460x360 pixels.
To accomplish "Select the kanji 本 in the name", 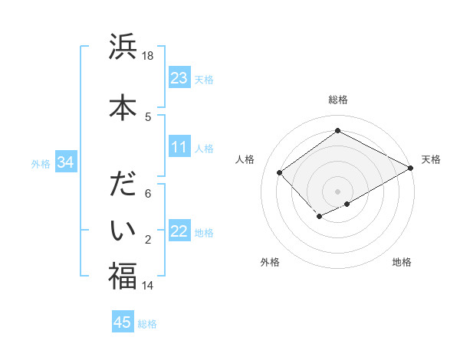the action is click(x=122, y=106).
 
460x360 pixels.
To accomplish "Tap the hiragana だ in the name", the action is click(x=122, y=186).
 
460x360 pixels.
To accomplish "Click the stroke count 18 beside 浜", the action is click(x=149, y=57).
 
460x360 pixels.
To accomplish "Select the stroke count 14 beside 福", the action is click(x=148, y=286).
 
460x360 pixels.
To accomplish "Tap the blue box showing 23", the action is click(x=179, y=78).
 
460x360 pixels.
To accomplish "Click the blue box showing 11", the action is click(x=179, y=148).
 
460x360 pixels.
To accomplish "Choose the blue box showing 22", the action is click(x=179, y=232).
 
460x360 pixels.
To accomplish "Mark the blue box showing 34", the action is click(x=65, y=162).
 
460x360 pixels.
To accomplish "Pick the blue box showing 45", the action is click(x=123, y=322).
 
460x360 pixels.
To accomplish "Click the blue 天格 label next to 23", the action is click(x=204, y=79).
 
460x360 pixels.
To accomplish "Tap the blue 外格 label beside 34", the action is click(x=41, y=163).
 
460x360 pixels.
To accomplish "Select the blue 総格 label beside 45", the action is click(x=147, y=323).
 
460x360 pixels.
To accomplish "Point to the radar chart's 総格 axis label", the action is click(x=337, y=100).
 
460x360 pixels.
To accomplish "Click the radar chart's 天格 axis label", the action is click(x=431, y=159).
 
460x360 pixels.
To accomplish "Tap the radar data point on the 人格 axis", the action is click(x=280, y=172).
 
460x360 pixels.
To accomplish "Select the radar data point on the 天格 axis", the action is click(x=411, y=169).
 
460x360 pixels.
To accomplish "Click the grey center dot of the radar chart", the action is click(x=337, y=191).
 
